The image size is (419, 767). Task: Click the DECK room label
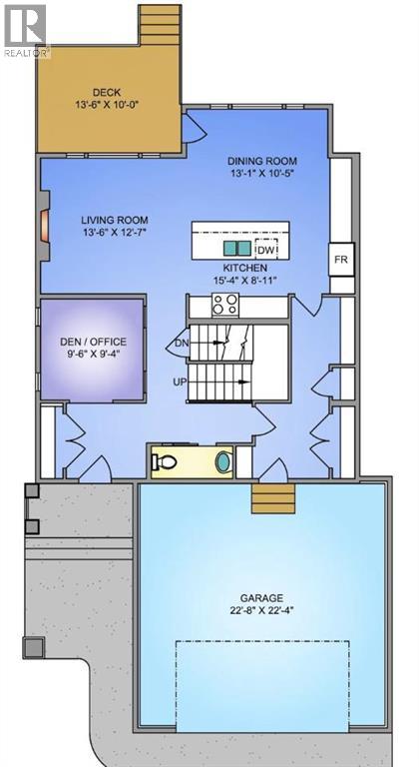click(x=107, y=92)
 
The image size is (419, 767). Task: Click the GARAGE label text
click(x=261, y=597)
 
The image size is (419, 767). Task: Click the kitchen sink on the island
click(x=236, y=248)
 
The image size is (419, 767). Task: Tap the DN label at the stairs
click(x=182, y=344)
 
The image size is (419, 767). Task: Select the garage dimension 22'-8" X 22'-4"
click(x=261, y=612)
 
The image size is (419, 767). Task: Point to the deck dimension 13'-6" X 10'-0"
click(x=107, y=106)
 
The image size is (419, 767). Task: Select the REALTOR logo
click(x=25, y=29)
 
